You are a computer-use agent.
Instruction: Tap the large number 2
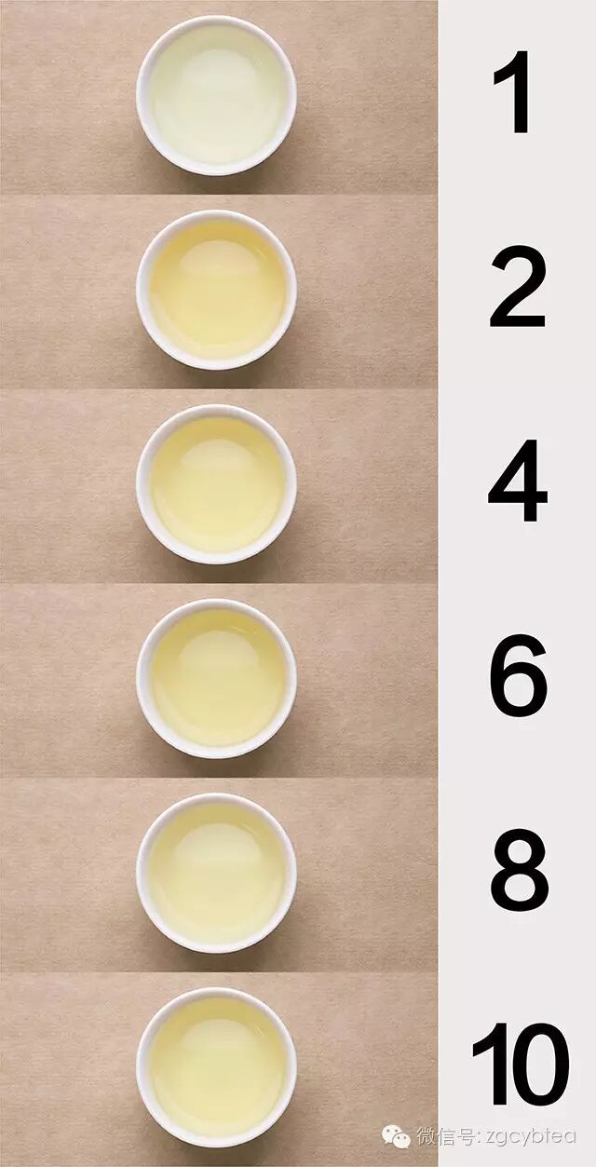518,287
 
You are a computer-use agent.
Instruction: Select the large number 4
518,481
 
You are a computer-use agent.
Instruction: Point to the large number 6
519,675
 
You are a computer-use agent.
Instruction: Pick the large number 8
519,870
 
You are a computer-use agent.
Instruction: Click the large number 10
521,1064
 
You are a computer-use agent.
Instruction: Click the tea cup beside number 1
217,95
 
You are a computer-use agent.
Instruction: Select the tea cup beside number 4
217,484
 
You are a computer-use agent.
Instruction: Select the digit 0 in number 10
540,1065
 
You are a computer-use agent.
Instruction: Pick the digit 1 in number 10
494,1065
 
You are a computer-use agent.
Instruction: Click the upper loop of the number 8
520,849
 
